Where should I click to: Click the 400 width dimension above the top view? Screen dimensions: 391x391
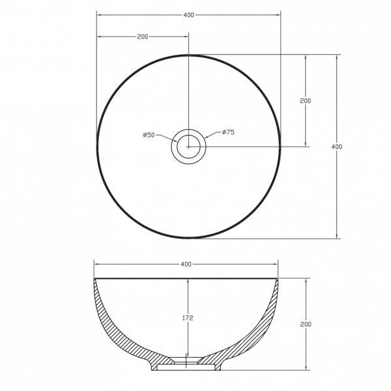tap(189, 15)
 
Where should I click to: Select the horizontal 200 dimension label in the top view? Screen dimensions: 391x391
tap(142, 36)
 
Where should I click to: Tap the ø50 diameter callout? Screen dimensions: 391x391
tap(149, 135)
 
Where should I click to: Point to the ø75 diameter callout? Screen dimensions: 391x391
tap(228, 132)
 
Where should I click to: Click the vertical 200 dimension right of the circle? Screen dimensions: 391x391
tap(306, 101)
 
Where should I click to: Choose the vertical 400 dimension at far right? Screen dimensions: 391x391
tap(337, 147)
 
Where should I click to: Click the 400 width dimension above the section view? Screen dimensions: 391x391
tap(186, 264)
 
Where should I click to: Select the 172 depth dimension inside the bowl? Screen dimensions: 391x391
tap(188, 318)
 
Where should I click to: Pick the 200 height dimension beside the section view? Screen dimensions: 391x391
tap(306, 324)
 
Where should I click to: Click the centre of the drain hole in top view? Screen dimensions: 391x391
tap(188, 147)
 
